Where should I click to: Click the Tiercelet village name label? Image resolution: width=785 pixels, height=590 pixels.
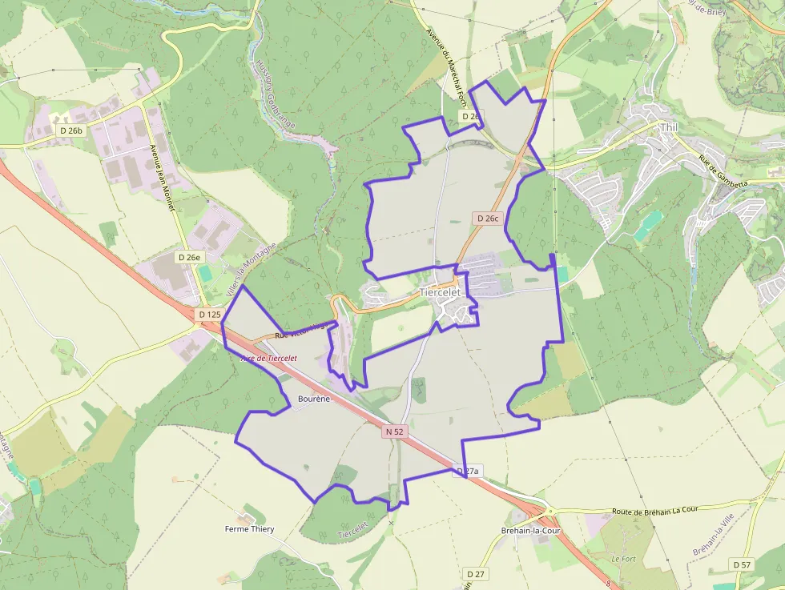[441, 293]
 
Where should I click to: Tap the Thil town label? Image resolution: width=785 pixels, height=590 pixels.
[668, 127]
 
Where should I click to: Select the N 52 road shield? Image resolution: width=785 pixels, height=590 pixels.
[394, 431]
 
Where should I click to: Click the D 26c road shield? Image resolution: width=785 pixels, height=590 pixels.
[487, 218]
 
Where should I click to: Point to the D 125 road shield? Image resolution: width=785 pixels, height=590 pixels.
[209, 315]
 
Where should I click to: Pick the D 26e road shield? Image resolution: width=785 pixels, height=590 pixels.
[189, 257]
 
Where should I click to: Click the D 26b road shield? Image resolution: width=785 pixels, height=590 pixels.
[70, 130]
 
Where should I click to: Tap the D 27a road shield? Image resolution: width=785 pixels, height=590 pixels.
[467, 471]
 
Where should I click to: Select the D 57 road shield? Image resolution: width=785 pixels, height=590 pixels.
[742, 564]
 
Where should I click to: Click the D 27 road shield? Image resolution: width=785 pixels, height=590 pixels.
[475, 574]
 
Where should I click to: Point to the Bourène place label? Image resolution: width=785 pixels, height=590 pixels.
[313, 398]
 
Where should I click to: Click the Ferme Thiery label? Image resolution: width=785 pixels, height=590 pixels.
[249, 529]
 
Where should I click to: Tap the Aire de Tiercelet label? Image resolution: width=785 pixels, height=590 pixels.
[269, 358]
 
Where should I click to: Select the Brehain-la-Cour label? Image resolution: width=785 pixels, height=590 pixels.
[529, 531]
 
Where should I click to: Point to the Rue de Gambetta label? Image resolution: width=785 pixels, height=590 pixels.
[723, 171]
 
